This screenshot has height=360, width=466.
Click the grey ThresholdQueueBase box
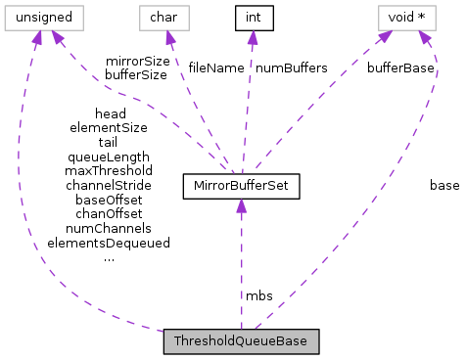(x=241, y=341)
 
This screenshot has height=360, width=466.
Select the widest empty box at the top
(x=44, y=18)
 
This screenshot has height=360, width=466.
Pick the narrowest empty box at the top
(x=163, y=18)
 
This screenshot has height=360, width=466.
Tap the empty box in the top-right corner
(x=407, y=18)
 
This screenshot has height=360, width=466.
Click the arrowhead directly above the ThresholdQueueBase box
(x=241, y=206)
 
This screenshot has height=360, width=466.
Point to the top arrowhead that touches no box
(x=253, y=38)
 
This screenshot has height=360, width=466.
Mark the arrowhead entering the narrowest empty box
(x=169, y=38)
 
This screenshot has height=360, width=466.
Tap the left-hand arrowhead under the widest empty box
(x=36, y=38)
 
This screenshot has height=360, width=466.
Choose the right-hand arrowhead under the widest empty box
(x=57, y=37)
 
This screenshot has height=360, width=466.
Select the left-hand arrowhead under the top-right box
(x=385, y=37)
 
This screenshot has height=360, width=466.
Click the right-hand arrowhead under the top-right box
(x=425, y=38)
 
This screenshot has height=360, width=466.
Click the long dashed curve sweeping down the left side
(x=22, y=196)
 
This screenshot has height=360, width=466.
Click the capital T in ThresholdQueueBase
(x=176, y=341)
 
